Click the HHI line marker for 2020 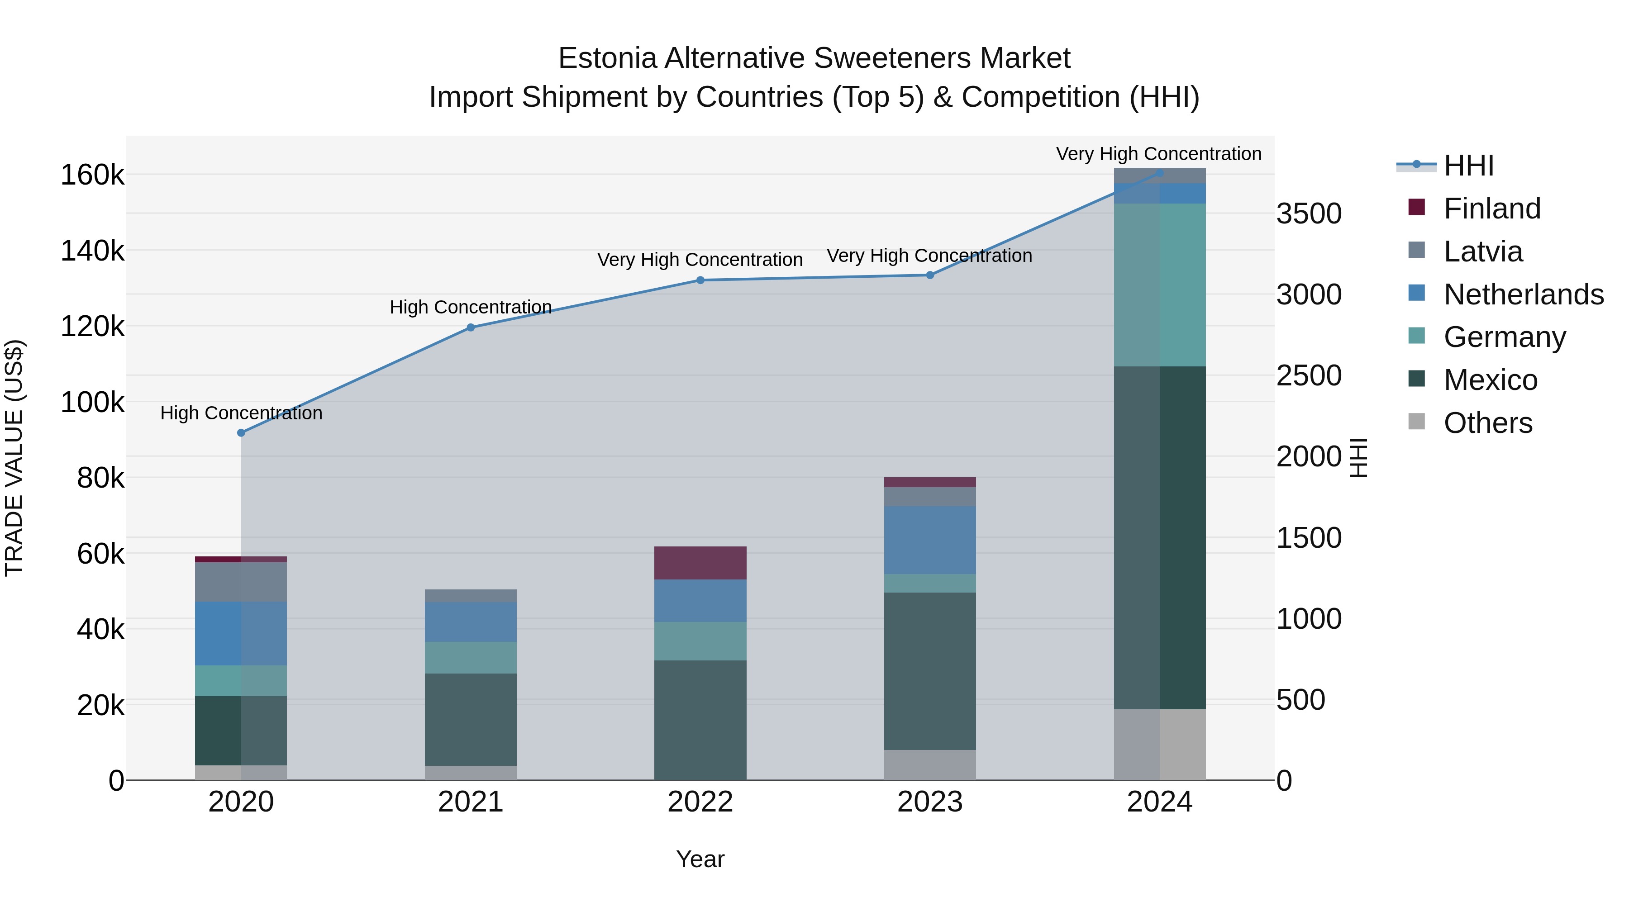[x=241, y=433]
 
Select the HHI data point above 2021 [x=471, y=327]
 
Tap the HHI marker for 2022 [x=700, y=280]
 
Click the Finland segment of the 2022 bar [x=700, y=563]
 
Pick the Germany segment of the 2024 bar [x=1160, y=285]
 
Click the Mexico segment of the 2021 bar [x=471, y=719]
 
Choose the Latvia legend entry [x=1483, y=252]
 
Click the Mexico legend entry [x=1491, y=380]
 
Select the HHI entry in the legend [x=1468, y=166]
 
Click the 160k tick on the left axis [x=92, y=175]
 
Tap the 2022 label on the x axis [x=700, y=802]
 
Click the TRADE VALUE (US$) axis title [x=14, y=458]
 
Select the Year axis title [x=700, y=859]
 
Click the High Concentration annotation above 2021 [x=471, y=307]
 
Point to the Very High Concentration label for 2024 [x=1158, y=154]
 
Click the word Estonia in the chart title [x=607, y=58]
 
